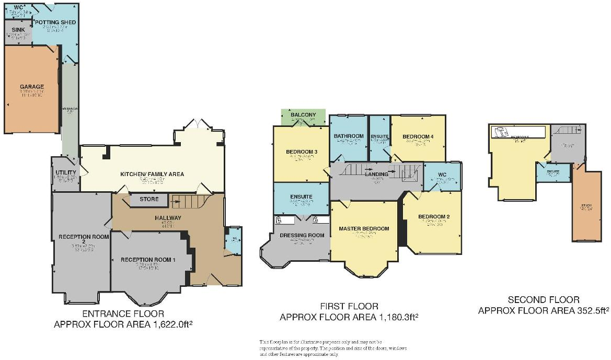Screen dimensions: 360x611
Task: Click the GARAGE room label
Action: point(32,87)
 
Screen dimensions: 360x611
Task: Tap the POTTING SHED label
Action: point(55,22)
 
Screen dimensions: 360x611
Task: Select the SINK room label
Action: point(18,30)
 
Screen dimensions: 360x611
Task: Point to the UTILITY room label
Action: point(66,172)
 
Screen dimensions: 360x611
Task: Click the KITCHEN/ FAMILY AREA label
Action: point(152,174)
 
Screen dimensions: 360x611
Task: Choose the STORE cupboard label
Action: point(148,199)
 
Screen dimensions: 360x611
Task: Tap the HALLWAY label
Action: point(167,218)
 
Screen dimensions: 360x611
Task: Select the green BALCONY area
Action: point(303,115)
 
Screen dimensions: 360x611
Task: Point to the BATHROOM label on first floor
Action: point(349,136)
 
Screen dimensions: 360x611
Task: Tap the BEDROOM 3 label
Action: point(302,152)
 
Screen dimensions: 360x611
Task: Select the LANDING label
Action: point(376,174)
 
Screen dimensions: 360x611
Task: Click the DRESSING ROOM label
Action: point(302,235)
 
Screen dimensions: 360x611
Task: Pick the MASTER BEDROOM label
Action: point(364,228)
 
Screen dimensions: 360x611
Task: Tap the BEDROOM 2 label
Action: point(434,216)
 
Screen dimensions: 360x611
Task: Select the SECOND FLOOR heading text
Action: point(544,300)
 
